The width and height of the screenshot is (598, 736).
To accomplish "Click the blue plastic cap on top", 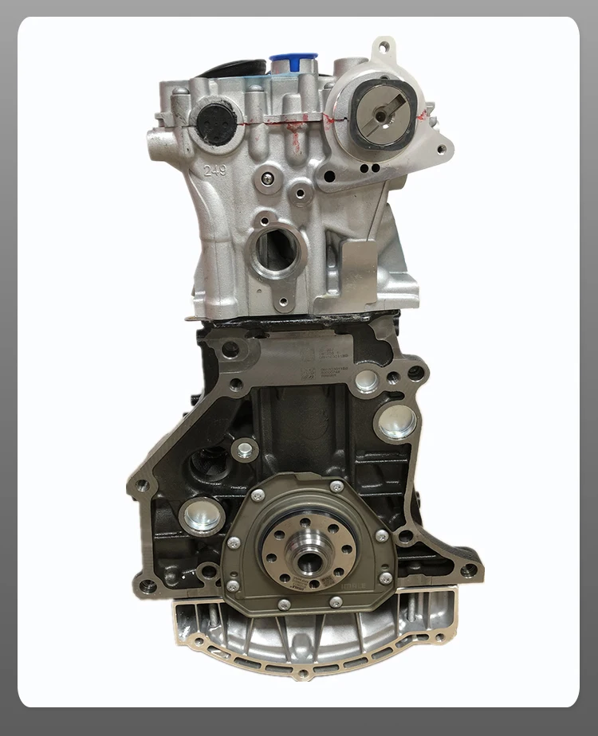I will click(x=293, y=61).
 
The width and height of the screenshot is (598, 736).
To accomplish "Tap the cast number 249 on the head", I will click(x=214, y=170).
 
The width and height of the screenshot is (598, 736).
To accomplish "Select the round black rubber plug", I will click(x=213, y=122).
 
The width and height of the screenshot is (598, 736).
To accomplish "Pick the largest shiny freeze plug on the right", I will click(x=396, y=421).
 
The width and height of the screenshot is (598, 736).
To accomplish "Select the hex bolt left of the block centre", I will click(x=245, y=451).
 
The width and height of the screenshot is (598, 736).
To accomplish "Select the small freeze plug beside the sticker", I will click(x=367, y=381).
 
